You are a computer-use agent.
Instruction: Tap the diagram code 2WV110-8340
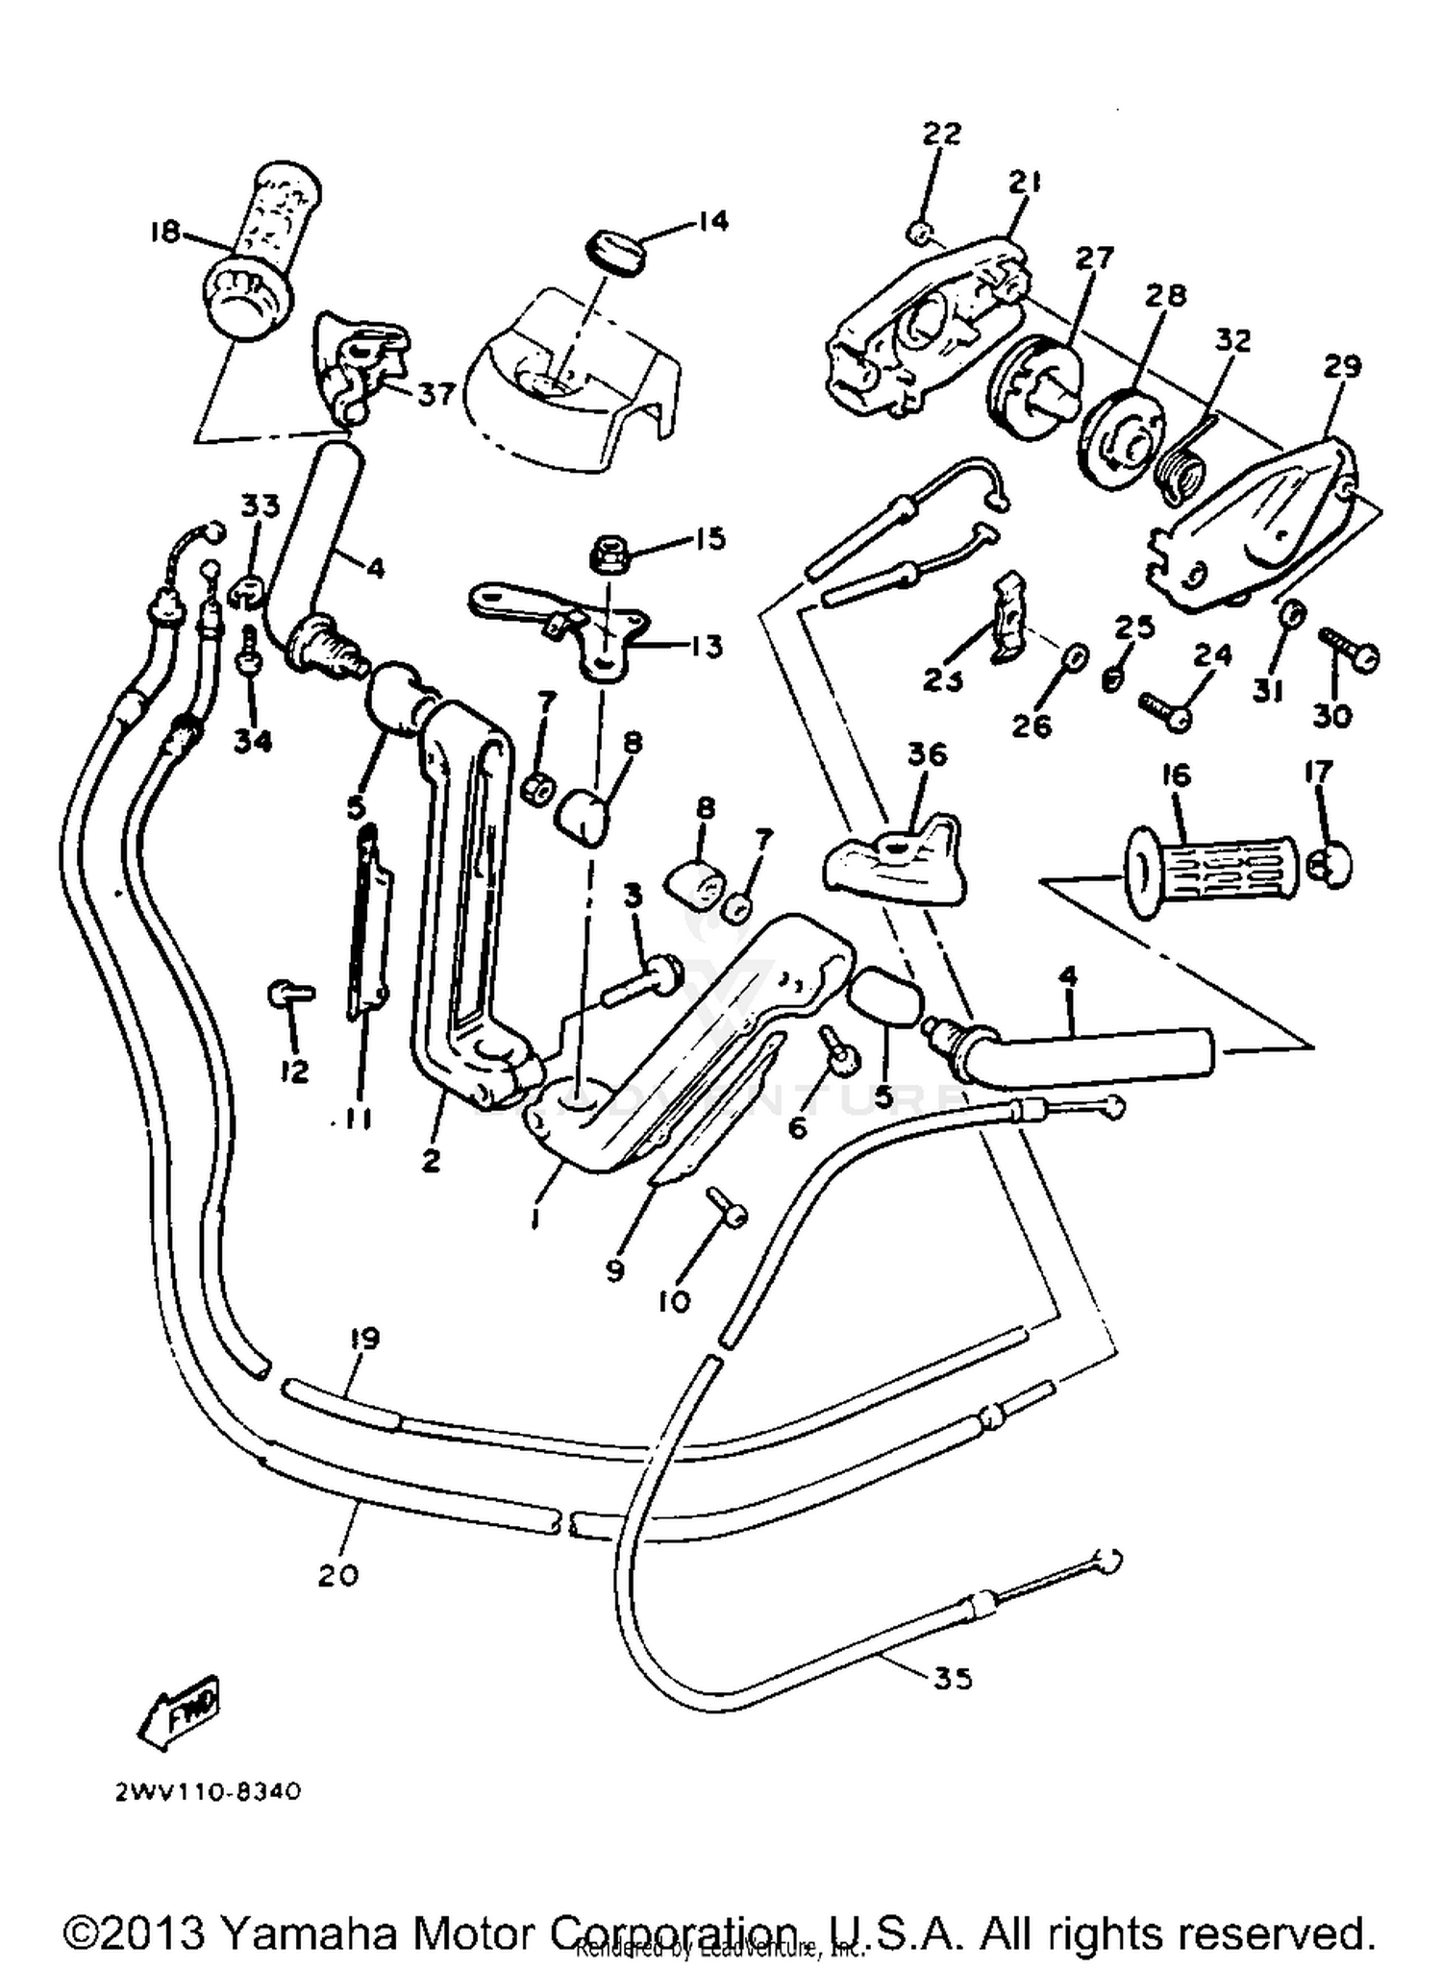pyautogui.click(x=207, y=1791)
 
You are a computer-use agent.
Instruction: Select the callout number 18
pyautogui.click(x=164, y=232)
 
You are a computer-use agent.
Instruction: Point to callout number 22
pyautogui.click(x=941, y=134)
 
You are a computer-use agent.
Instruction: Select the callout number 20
pyautogui.click(x=337, y=1575)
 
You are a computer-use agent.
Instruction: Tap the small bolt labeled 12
pyautogui.click(x=286, y=994)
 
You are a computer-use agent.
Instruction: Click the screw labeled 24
pyautogui.click(x=1164, y=709)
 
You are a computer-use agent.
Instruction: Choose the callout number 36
pyautogui.click(x=927, y=754)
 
